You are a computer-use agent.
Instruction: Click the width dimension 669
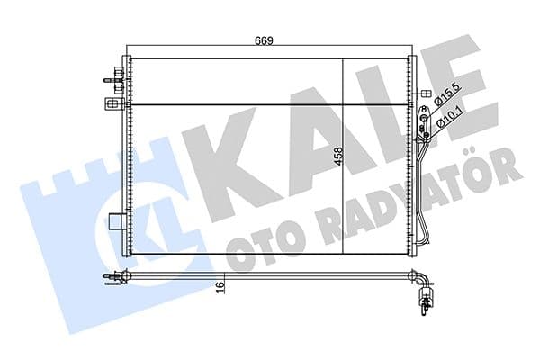pyautogui.click(x=263, y=40)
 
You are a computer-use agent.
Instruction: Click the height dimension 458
pyautogui.click(x=337, y=161)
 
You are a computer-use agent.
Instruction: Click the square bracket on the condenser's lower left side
pyautogui.click(x=115, y=221)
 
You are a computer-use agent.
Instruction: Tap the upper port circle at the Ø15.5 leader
pyautogui.click(x=425, y=116)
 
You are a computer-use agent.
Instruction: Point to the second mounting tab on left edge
pyautogui.click(x=114, y=87)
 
